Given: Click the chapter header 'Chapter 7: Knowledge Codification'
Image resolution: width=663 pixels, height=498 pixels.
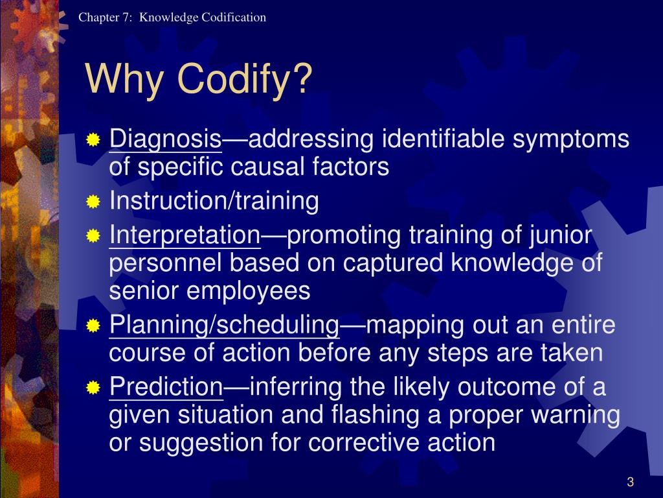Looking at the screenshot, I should pyautogui.click(x=172, y=18).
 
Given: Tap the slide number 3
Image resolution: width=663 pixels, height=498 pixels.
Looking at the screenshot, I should pyautogui.click(x=629, y=481).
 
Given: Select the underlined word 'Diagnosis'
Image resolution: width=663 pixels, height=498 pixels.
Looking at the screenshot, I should pyautogui.click(x=166, y=139).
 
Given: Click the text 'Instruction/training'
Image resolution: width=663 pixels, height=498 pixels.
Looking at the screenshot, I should pyautogui.click(x=214, y=201).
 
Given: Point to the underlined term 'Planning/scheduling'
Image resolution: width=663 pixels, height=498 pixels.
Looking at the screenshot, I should pyautogui.click(x=224, y=325).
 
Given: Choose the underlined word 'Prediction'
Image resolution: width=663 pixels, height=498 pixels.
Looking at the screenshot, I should pyautogui.click(x=166, y=387).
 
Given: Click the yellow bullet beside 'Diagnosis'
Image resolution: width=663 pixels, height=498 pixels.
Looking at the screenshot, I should pyautogui.click(x=94, y=139).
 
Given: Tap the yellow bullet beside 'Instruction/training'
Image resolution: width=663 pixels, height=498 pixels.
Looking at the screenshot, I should pyautogui.click(x=94, y=202).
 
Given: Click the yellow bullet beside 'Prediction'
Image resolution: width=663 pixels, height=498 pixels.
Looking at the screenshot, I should pyautogui.click(x=94, y=388).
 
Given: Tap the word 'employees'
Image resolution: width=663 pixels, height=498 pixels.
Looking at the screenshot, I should pyautogui.click(x=249, y=291).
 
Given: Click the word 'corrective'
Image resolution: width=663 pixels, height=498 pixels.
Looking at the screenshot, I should pyautogui.click(x=362, y=443).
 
